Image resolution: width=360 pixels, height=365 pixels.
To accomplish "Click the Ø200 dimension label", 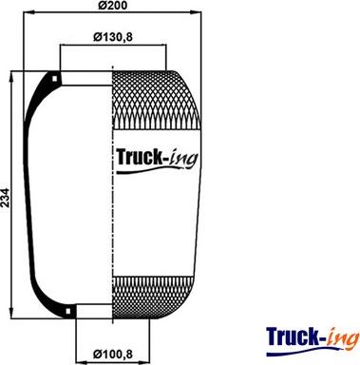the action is tap(112, 6).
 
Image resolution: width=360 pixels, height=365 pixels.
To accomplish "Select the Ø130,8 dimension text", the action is tap(113, 37).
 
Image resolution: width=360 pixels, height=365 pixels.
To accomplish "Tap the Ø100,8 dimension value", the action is tap(113, 354).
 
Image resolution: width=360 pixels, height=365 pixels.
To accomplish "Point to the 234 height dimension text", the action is tap(6, 198).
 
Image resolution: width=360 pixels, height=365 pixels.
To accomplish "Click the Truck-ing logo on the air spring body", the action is tap(158, 160).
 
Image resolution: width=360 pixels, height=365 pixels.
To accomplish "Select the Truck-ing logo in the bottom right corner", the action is tap(313, 341).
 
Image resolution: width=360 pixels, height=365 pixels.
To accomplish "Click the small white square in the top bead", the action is tap(55, 78).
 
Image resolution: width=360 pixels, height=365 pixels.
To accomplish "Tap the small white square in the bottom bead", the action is tap(68, 311).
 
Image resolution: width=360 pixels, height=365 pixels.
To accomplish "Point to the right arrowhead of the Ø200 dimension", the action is tap(197, 13).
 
